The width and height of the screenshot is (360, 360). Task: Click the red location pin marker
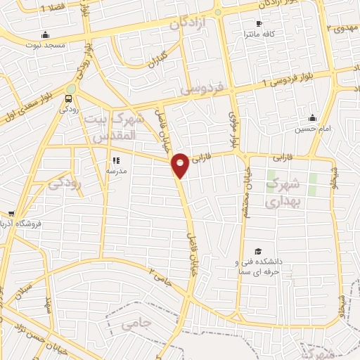pos(181,165)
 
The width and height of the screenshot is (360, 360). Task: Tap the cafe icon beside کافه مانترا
pos(259,24)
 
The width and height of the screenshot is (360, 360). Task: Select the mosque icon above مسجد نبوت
pos(46,34)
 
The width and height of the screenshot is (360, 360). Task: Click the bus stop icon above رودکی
pos(68,98)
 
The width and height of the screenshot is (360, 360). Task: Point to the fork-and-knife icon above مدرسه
pos(116,160)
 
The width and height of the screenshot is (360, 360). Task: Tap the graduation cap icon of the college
pos(258,251)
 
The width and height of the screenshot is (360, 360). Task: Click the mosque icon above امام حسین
pos(313,117)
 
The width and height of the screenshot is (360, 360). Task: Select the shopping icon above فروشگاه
pos(11,214)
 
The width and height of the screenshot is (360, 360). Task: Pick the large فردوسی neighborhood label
pos(202,89)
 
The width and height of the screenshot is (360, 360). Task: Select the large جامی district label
pos(136,324)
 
